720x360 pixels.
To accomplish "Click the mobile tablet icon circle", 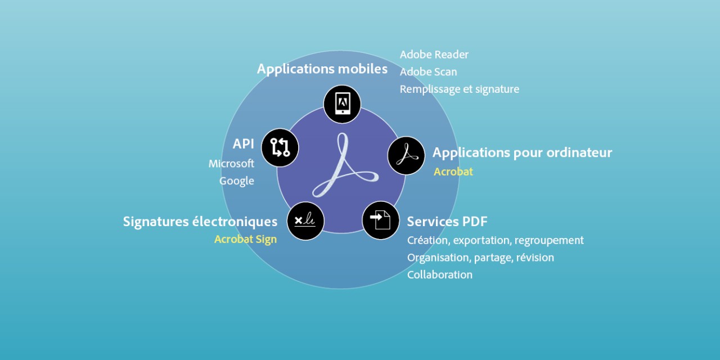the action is pyautogui.click(x=342, y=104).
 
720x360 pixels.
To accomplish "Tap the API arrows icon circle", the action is pyautogui.click(x=280, y=147).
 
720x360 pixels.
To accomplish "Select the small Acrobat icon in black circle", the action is pyautogui.click(x=406, y=156).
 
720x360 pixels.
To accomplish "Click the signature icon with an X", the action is pyautogui.click(x=305, y=221).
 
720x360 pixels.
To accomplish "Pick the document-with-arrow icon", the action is pyautogui.click(x=381, y=220).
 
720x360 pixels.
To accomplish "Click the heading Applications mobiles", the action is pyautogui.click(x=322, y=69).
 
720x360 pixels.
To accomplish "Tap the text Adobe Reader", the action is pyautogui.click(x=434, y=55).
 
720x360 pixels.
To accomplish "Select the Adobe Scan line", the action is pyautogui.click(x=428, y=72).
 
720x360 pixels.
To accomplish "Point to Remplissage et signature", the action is pyautogui.click(x=460, y=89).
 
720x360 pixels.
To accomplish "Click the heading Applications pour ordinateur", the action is pyautogui.click(x=523, y=152).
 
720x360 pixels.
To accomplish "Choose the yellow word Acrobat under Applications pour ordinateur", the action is pyautogui.click(x=453, y=172).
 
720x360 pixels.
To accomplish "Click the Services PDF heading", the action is pyautogui.click(x=447, y=222).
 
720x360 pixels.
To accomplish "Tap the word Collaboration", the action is pyautogui.click(x=440, y=275).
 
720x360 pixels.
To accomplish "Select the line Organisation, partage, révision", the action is pyautogui.click(x=480, y=258).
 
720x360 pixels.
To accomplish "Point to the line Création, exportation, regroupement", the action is pyautogui.click(x=496, y=240).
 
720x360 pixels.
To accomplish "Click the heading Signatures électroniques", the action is pyautogui.click(x=200, y=222).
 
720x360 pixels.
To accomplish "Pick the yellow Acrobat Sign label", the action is pyautogui.click(x=246, y=240).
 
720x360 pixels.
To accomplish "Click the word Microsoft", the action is pyautogui.click(x=231, y=164).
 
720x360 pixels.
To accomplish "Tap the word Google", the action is pyautogui.click(x=237, y=181).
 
